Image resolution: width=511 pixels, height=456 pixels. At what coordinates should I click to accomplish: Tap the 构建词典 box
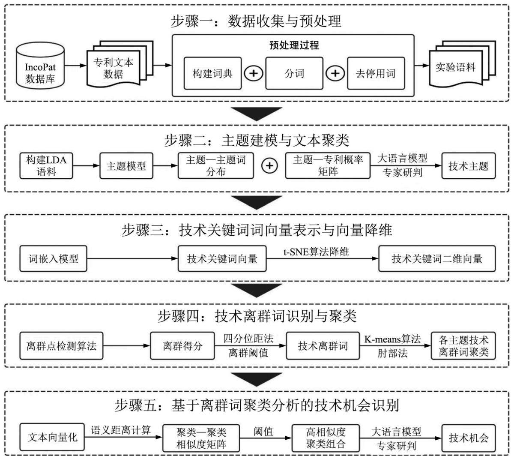click(212, 73)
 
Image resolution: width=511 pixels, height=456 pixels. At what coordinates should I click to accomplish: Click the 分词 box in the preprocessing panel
click(294, 73)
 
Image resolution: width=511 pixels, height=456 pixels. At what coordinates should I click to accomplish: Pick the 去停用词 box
click(376, 73)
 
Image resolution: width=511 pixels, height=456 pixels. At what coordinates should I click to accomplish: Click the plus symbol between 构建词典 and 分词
click(254, 73)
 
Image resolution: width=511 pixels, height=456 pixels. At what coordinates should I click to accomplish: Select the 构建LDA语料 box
click(46, 166)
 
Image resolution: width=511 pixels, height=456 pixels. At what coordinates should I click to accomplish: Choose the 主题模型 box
click(126, 166)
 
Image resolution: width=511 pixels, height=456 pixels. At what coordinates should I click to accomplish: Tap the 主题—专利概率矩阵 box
click(328, 165)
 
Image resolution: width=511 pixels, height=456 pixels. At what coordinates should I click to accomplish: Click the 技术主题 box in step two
click(468, 166)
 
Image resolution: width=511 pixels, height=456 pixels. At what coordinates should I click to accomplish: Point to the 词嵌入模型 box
click(53, 259)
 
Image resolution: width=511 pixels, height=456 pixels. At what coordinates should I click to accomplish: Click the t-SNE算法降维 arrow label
click(316, 252)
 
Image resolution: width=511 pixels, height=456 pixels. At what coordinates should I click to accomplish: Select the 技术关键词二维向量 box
click(437, 259)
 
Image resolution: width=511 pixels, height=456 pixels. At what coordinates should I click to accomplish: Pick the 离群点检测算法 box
click(61, 346)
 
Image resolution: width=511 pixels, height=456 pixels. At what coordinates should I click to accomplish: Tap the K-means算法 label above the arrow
click(392, 339)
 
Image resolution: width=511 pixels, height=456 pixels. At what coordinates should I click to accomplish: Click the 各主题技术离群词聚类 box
click(463, 346)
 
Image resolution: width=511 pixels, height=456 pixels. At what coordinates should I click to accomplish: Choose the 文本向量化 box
click(52, 437)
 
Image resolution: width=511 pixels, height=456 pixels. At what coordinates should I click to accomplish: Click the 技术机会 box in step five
click(469, 438)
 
